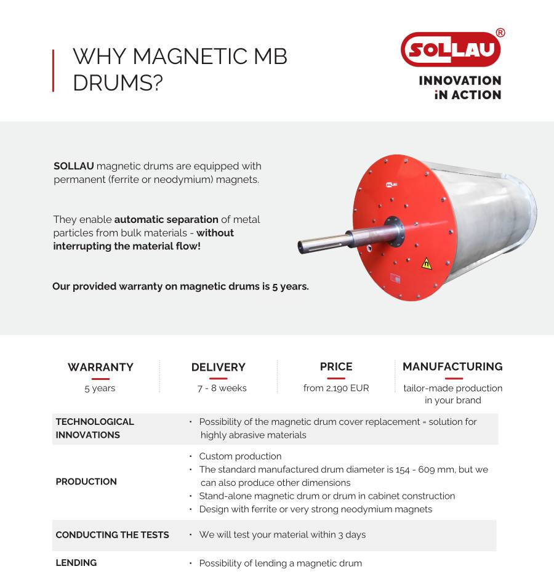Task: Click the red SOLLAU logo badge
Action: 451,49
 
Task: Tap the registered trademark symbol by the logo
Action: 500,33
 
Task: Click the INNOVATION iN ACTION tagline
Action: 460,87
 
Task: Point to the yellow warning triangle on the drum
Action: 426,264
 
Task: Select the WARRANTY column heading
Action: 100,367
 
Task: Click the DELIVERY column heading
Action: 218,367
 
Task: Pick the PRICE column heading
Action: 336,366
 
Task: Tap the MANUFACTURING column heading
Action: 452,366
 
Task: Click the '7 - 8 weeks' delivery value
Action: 222,388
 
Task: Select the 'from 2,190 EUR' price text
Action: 336,388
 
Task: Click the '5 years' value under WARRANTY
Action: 100,388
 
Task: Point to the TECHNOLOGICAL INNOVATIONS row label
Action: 95,428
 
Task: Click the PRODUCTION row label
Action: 86,482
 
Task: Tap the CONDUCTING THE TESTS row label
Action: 112,535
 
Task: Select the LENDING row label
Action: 76,562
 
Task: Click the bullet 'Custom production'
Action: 240,456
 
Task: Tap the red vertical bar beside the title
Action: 54,71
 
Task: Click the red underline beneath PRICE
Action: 336,378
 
